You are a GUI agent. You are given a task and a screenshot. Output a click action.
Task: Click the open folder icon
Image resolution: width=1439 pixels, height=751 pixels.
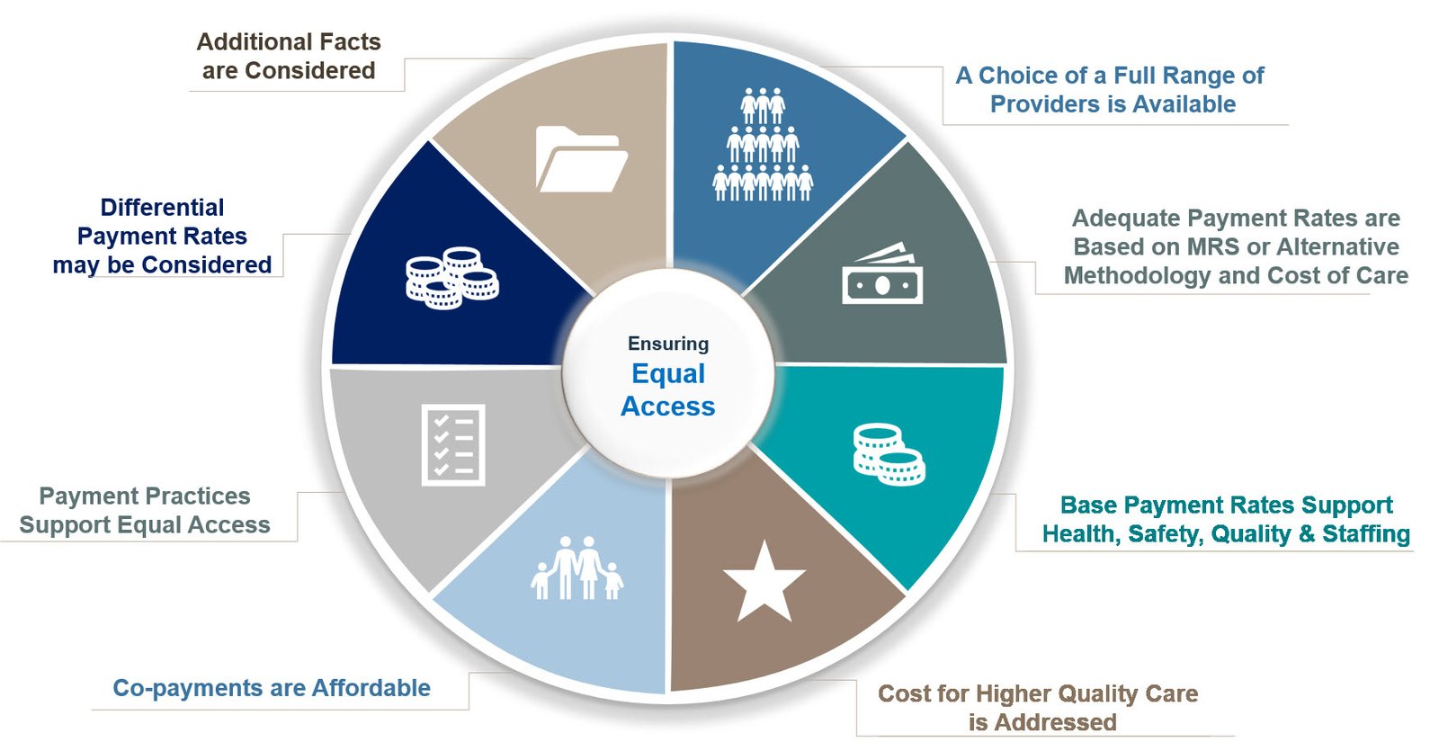coord(581,159)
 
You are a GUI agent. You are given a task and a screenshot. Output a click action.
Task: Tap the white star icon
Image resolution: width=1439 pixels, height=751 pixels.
coord(764,583)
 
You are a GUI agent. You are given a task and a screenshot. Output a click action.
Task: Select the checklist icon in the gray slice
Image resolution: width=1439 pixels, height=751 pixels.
coord(453,444)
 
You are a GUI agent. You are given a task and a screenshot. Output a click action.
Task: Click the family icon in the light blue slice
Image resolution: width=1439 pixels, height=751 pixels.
coord(576,568)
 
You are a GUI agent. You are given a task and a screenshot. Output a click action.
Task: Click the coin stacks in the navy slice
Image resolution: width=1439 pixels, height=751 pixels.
coord(451,278)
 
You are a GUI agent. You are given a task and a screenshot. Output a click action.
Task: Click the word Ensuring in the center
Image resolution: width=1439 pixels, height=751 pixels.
coord(668,344)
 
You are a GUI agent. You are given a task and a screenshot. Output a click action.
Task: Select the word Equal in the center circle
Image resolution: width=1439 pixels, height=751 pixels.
coord(668,374)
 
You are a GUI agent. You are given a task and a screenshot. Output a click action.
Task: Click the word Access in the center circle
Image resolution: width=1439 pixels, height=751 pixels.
coord(668,407)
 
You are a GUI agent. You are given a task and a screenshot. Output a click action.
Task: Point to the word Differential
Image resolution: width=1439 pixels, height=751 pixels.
coord(162,208)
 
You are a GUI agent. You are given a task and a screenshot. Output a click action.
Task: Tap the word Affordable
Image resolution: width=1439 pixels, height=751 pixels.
coord(371,688)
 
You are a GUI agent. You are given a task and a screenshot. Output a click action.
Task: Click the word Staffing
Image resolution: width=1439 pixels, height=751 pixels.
coord(1365,534)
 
